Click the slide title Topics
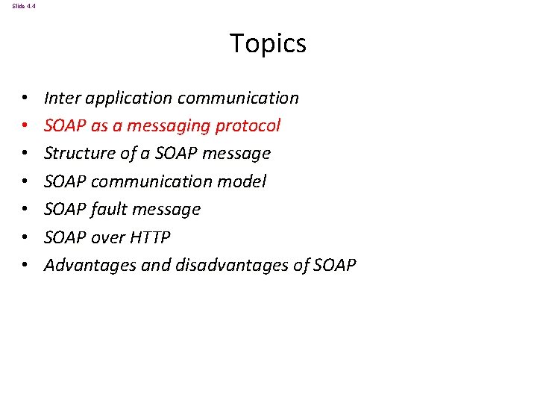tap(268, 43)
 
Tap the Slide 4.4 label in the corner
tap(23, 6)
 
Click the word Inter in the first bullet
tap(57, 98)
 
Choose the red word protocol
tap(248, 126)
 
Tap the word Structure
tap(76, 154)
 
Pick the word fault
tap(110, 209)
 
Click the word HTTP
tap(150, 237)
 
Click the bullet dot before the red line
tap(25, 126)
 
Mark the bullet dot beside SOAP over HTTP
tap(25, 237)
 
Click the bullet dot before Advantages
tap(25, 265)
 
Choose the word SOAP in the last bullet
tap(335, 265)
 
